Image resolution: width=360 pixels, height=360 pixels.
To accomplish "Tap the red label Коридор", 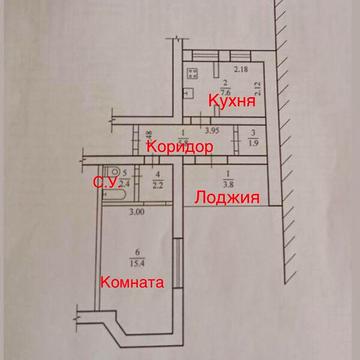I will [x=179, y=147].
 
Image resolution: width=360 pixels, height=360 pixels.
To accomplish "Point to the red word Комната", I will [x=131, y=283].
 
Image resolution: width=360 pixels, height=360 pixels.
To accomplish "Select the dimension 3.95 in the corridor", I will [x=212, y=130].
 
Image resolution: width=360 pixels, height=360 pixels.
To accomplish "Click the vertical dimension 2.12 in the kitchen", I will [x=257, y=97].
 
